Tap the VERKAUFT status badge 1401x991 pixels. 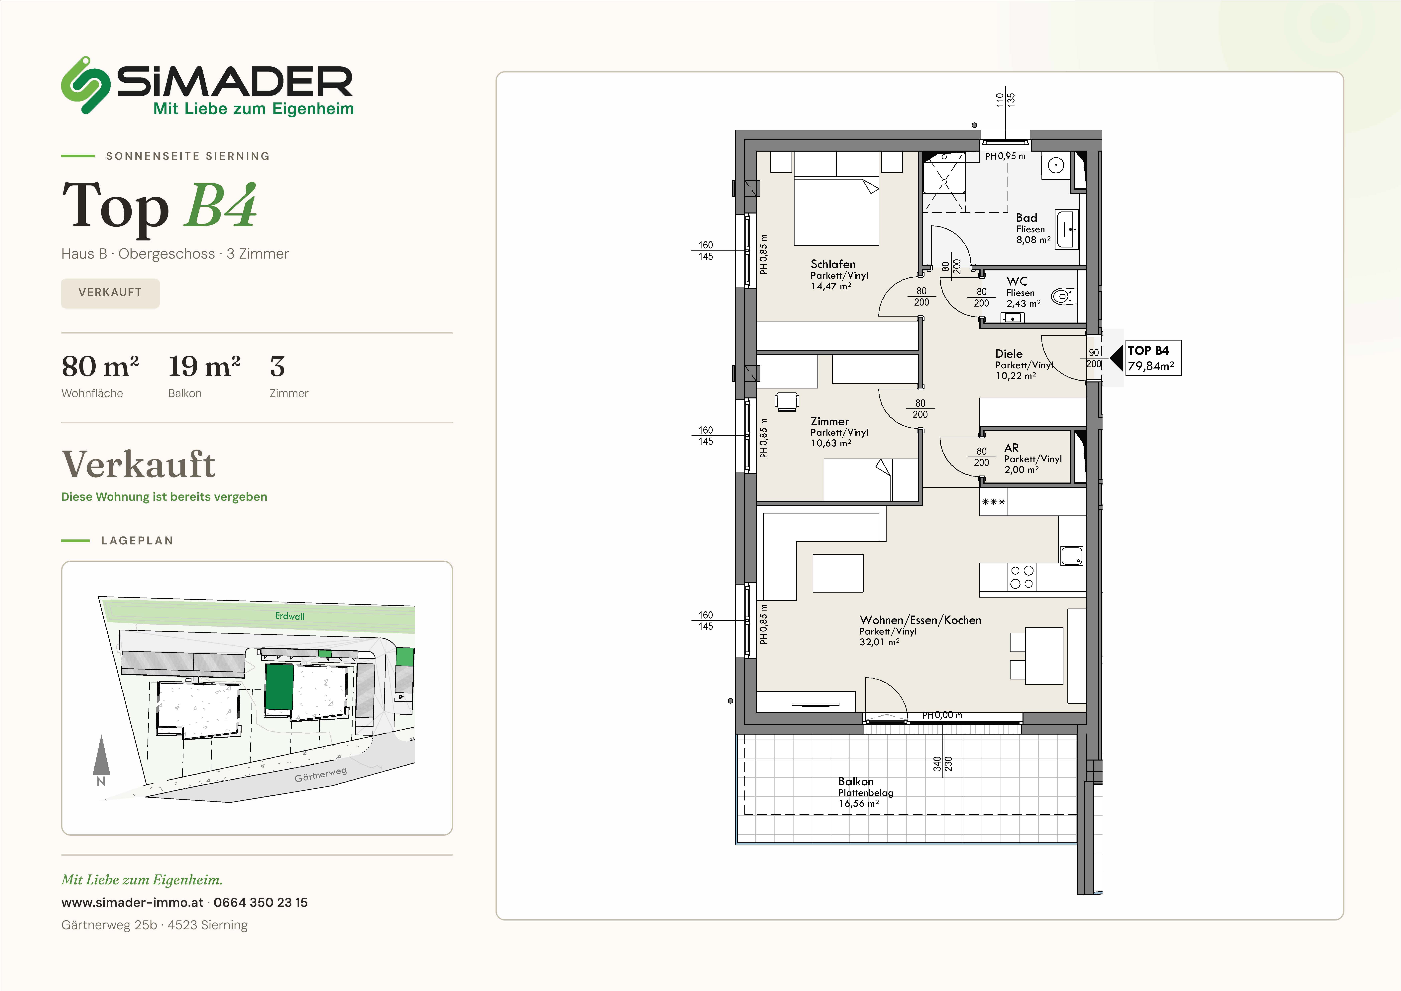point(110,293)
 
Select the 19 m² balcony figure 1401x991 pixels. point(204,366)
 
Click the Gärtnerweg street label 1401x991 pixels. point(320,774)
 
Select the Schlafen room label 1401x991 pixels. point(833,264)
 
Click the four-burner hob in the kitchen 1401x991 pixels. point(1022,577)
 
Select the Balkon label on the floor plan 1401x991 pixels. point(855,781)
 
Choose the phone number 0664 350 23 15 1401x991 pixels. point(261,903)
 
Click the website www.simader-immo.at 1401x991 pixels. point(132,903)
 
